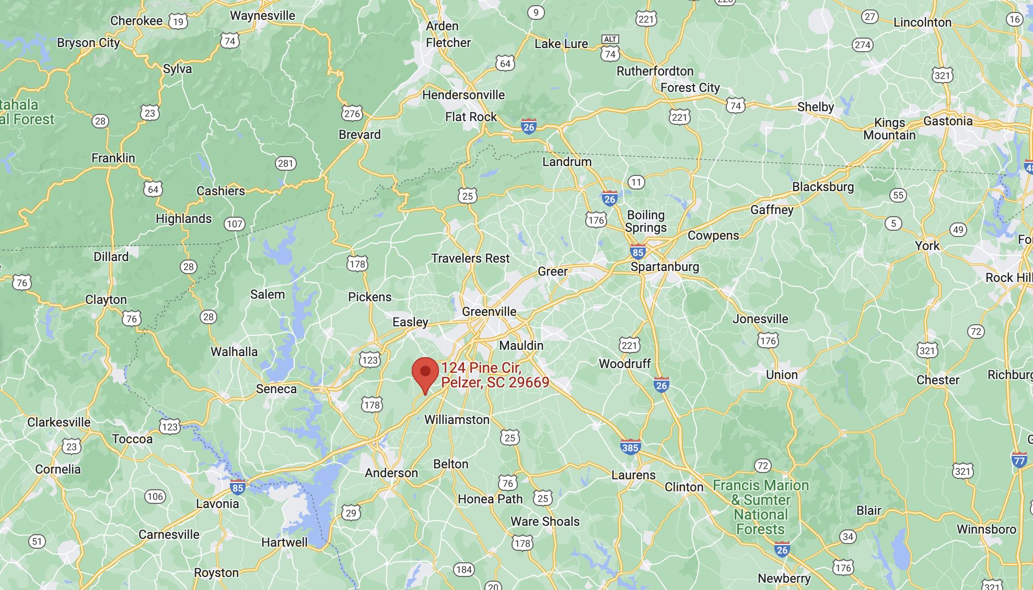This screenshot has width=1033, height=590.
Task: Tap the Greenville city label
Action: click(x=489, y=312)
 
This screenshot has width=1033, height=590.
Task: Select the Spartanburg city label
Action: click(x=665, y=267)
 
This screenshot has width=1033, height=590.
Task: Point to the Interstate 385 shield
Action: click(x=630, y=447)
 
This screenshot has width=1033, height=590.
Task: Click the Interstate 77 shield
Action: click(x=1019, y=461)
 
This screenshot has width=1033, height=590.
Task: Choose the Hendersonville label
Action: click(x=463, y=95)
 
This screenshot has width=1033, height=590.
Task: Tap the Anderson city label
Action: click(x=391, y=473)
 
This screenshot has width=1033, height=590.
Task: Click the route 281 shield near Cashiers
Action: click(x=285, y=163)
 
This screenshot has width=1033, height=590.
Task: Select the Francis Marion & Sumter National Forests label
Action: click(x=761, y=507)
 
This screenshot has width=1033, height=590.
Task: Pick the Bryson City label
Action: click(x=88, y=43)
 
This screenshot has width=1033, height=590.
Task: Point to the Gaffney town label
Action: click(x=772, y=210)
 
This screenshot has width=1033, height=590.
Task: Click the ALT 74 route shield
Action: click(x=610, y=48)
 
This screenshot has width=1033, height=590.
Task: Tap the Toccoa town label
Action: click(x=132, y=439)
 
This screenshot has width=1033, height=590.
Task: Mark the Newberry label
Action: click(x=784, y=578)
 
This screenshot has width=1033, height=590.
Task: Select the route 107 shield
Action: click(x=235, y=224)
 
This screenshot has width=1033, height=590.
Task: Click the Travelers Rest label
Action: click(x=470, y=258)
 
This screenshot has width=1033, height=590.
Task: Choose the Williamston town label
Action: click(x=457, y=420)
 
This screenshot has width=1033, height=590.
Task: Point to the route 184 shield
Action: click(x=464, y=570)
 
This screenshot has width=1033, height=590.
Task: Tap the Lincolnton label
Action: click(x=922, y=22)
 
